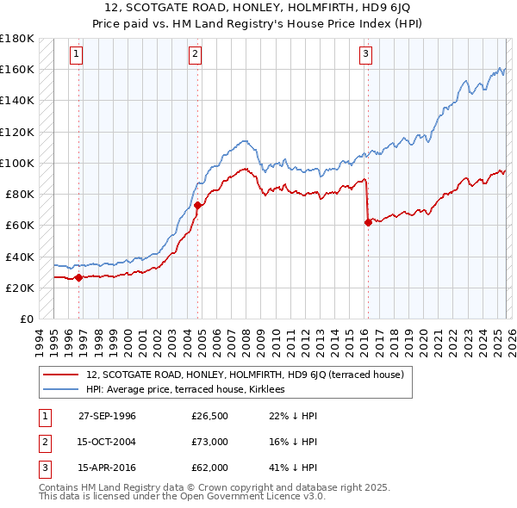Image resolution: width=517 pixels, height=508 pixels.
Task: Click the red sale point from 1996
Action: pos(79,277)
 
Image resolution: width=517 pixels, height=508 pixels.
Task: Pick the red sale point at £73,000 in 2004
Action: pos(198,205)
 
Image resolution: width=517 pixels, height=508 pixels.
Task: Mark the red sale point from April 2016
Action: pos(368,222)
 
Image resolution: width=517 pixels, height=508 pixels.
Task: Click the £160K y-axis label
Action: pos(17,69)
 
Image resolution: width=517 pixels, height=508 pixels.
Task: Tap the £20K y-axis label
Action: pos(20,288)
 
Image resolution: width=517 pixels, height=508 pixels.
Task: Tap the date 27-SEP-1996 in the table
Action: pos(107,416)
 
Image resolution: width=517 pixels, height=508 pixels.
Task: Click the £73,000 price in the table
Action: pos(209,442)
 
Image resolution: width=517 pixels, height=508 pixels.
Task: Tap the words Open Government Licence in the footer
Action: pos(231,497)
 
